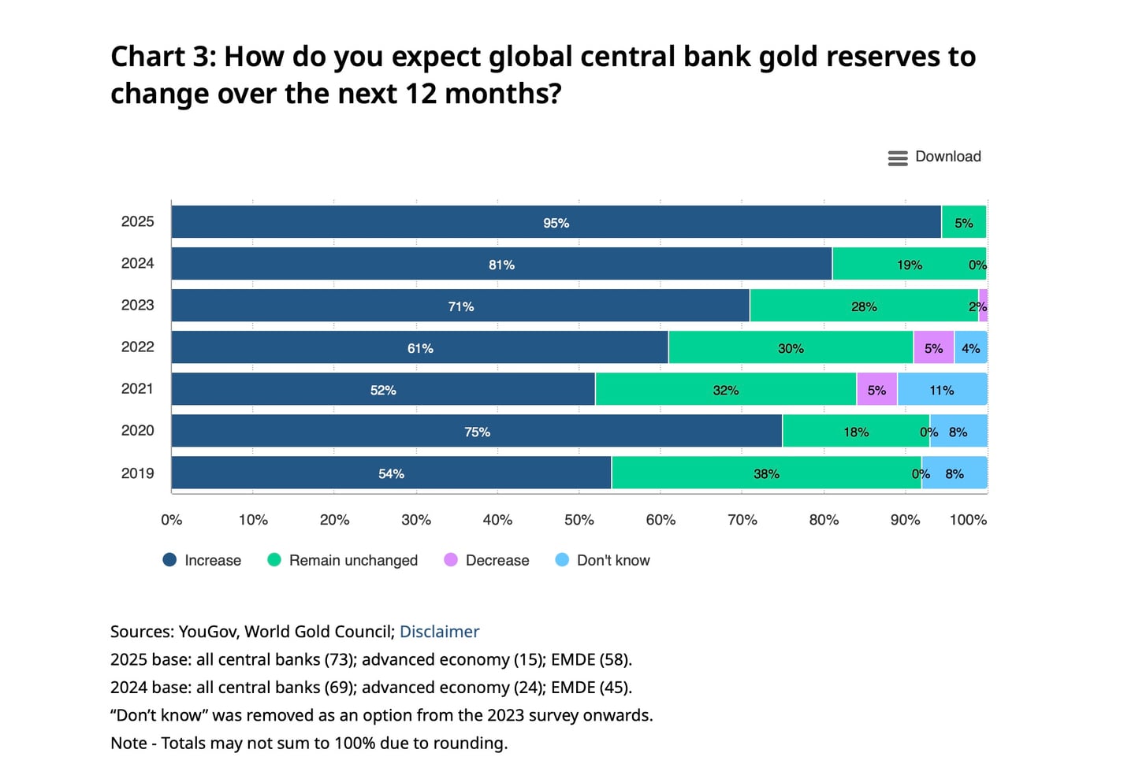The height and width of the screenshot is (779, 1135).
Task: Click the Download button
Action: (935, 157)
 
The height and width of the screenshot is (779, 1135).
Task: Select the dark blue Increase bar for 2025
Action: (473, 222)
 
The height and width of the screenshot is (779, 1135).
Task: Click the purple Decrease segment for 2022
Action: (933, 347)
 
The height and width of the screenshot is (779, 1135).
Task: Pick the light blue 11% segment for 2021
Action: (942, 389)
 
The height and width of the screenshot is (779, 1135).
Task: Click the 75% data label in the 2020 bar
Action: (477, 432)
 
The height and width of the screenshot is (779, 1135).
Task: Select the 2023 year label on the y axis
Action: (137, 305)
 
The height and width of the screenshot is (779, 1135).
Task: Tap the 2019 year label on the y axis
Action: (137, 473)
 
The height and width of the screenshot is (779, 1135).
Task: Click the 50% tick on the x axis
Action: (579, 520)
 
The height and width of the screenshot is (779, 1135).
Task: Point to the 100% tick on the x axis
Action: (968, 520)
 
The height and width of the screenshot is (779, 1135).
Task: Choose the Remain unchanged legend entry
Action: (343, 560)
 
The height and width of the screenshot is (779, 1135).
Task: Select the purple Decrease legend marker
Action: (451, 560)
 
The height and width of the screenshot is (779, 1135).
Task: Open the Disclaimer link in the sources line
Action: (439, 632)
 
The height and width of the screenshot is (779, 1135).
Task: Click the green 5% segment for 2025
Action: (963, 222)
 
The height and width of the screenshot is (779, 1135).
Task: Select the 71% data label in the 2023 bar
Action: (461, 306)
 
